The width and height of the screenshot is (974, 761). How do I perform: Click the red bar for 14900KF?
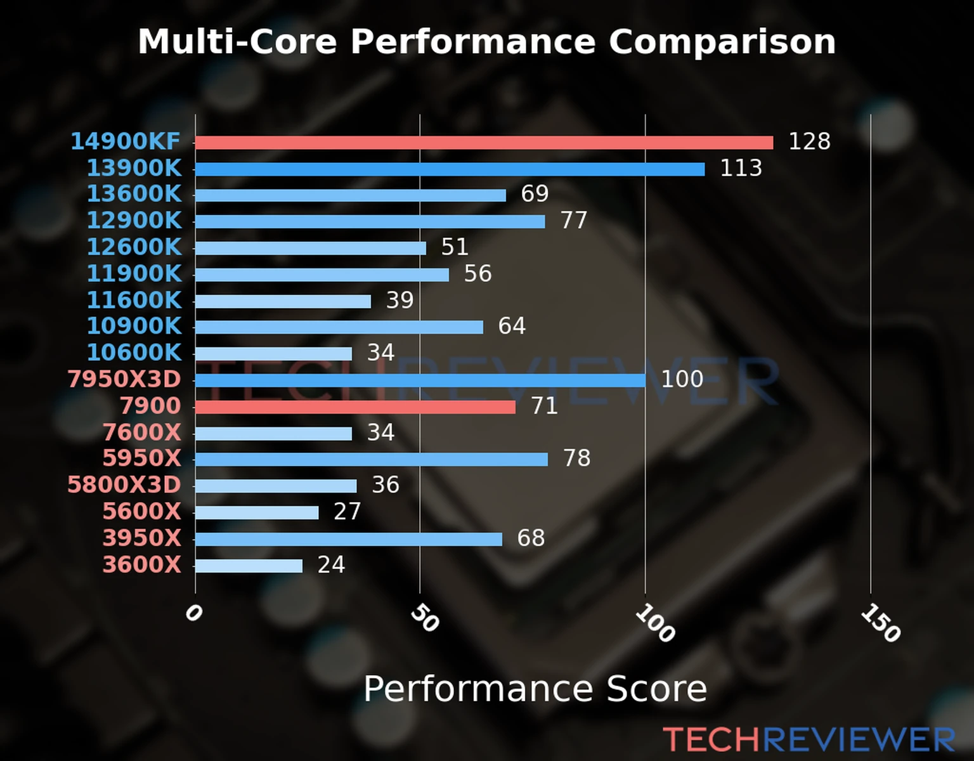(x=484, y=143)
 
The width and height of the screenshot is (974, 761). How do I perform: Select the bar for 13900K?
(x=450, y=169)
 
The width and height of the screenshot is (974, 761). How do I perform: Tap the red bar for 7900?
(x=355, y=407)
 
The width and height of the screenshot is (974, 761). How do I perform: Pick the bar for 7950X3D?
(x=420, y=380)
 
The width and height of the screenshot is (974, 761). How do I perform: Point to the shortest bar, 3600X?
(x=249, y=566)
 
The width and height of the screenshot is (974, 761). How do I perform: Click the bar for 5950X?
(x=372, y=459)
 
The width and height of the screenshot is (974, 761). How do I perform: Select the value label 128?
(x=809, y=141)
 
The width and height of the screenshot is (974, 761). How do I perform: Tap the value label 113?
(x=741, y=168)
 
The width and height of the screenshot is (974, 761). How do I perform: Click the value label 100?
(x=682, y=379)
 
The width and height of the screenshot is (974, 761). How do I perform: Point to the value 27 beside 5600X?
(x=347, y=512)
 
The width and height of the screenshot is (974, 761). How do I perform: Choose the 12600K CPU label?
(x=134, y=247)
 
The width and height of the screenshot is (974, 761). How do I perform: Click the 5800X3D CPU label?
(x=124, y=485)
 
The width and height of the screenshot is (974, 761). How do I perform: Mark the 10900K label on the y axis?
(x=134, y=327)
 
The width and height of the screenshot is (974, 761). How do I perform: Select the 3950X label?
(x=142, y=538)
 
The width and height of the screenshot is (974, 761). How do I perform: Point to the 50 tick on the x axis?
(x=424, y=618)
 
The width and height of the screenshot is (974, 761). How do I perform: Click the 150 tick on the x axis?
(x=880, y=623)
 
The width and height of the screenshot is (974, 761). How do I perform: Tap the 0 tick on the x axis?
(x=193, y=613)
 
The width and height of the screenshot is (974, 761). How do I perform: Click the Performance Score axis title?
(x=535, y=689)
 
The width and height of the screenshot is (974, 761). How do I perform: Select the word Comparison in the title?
(x=722, y=42)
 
